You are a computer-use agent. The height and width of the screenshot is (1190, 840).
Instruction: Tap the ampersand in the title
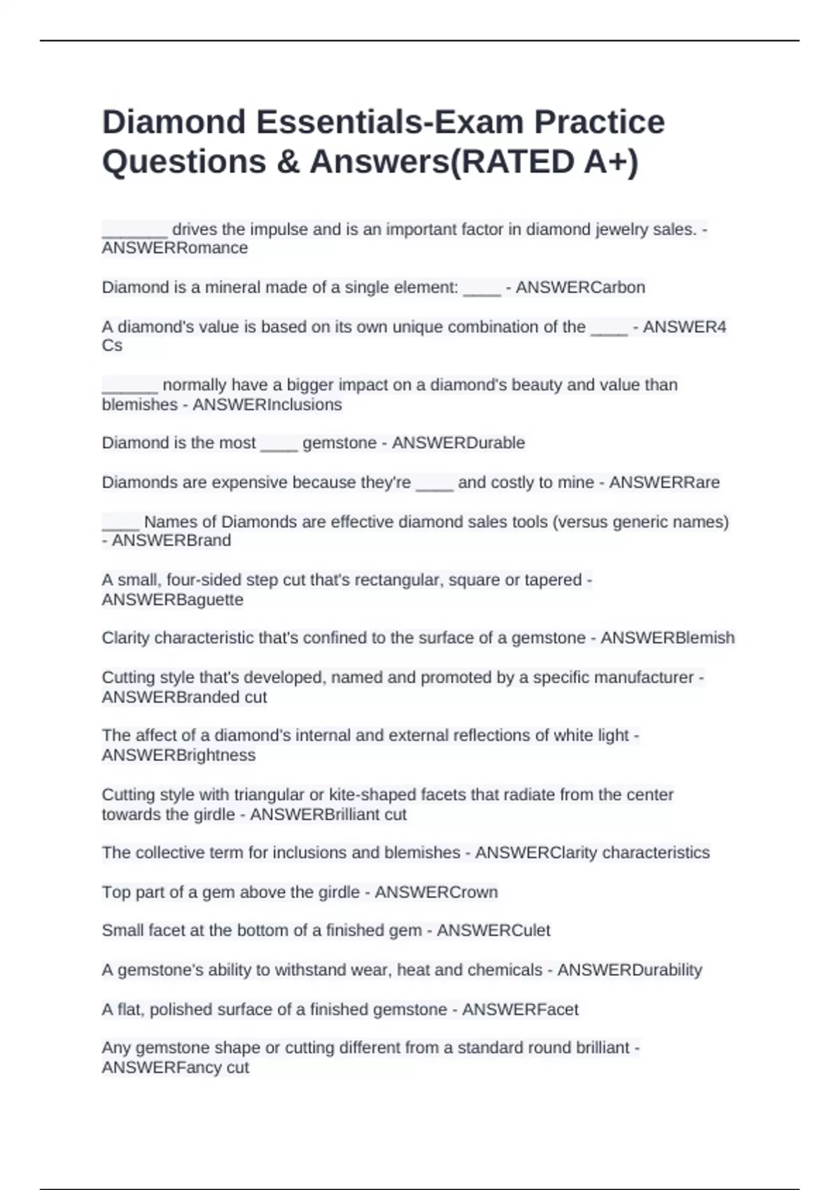[287, 162]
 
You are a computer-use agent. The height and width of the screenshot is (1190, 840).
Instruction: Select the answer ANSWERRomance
[175, 248]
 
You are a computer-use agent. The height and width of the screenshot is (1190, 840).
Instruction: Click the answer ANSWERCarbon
[580, 288]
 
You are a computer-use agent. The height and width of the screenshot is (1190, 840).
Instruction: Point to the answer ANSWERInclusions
[267, 405]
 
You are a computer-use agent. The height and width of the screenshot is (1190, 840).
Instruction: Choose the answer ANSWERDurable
[458, 443]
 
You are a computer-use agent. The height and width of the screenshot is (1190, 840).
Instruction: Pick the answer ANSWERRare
[664, 482]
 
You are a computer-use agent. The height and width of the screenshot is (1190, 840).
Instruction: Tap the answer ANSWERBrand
[171, 540]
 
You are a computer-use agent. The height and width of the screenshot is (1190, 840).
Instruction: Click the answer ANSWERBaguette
[173, 600]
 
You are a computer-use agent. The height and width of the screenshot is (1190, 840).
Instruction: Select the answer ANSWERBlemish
[668, 638]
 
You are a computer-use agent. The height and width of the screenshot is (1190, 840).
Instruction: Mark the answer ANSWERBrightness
[178, 755]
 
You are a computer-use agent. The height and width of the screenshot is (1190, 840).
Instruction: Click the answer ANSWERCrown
[437, 892]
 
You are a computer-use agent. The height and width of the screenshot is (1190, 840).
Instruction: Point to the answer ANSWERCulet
[493, 930]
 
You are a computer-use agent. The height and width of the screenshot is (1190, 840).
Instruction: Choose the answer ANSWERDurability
[629, 970]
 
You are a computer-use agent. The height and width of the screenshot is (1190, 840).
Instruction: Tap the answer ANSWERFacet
[520, 1009]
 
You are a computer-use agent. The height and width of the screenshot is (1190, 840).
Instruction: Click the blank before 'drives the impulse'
[134, 231]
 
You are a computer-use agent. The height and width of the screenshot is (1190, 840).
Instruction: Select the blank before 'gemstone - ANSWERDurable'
[279, 444]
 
